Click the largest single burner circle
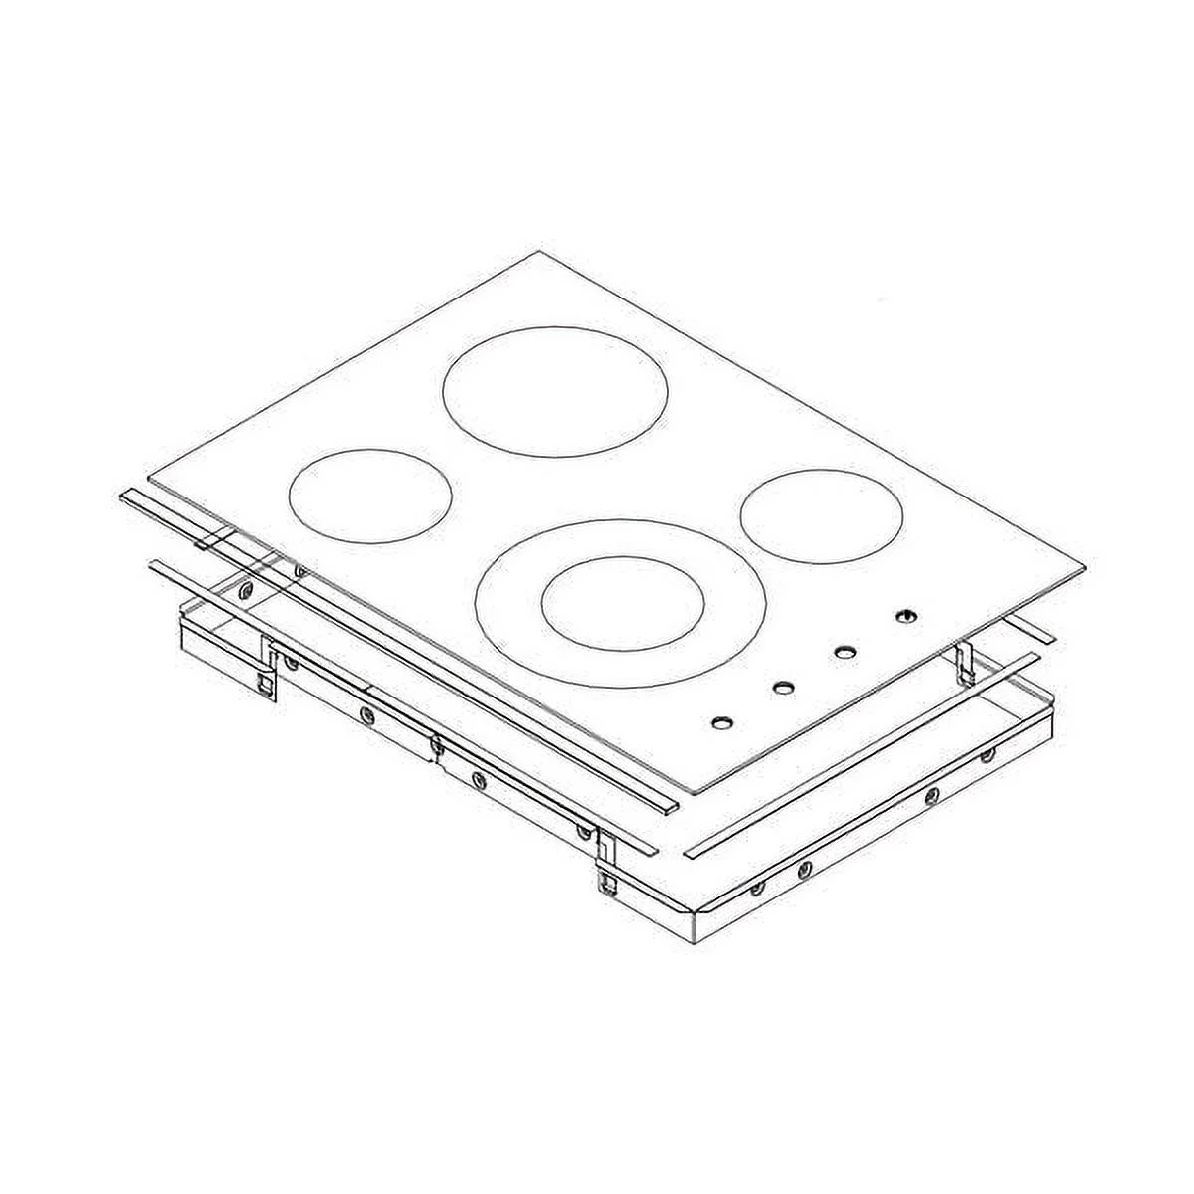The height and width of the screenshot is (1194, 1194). (554, 392)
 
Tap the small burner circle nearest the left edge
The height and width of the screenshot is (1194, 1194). (368, 497)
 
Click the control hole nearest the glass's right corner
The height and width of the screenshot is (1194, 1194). (904, 617)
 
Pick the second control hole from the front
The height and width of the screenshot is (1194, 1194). (783, 687)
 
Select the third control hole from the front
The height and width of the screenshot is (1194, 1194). (844, 653)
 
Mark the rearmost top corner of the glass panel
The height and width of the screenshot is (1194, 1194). (540, 252)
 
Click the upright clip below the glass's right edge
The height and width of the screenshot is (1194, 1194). (963, 661)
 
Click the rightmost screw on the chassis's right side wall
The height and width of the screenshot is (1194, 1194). (987, 757)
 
